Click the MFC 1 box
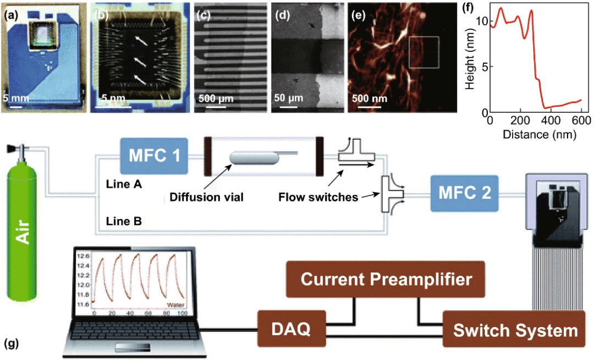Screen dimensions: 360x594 (154, 154)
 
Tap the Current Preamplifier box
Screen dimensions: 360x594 (386, 279)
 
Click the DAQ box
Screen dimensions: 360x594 (291, 330)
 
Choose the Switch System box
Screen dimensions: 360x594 (515, 330)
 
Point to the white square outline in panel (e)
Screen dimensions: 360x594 (424, 56)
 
